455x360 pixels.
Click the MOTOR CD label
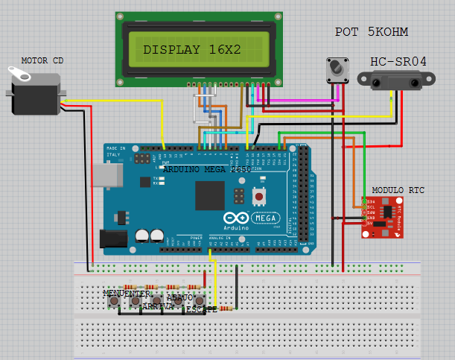pos(42,60)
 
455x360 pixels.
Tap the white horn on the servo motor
pos(18,73)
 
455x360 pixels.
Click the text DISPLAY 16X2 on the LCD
pos(192,50)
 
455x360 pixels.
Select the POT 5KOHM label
pos(372,32)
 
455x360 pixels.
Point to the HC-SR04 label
pos(398,61)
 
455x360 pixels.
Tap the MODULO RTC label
pos(398,191)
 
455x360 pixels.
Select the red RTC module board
pos(384,217)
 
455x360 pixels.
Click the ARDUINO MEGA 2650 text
pos(207,170)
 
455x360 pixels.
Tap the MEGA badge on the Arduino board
pos(266,218)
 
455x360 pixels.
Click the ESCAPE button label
pos(202,309)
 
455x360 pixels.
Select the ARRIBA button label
pos(157,306)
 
